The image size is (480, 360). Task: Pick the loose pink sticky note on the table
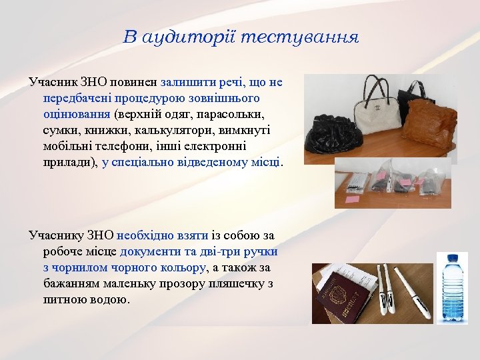coord(353,198)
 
